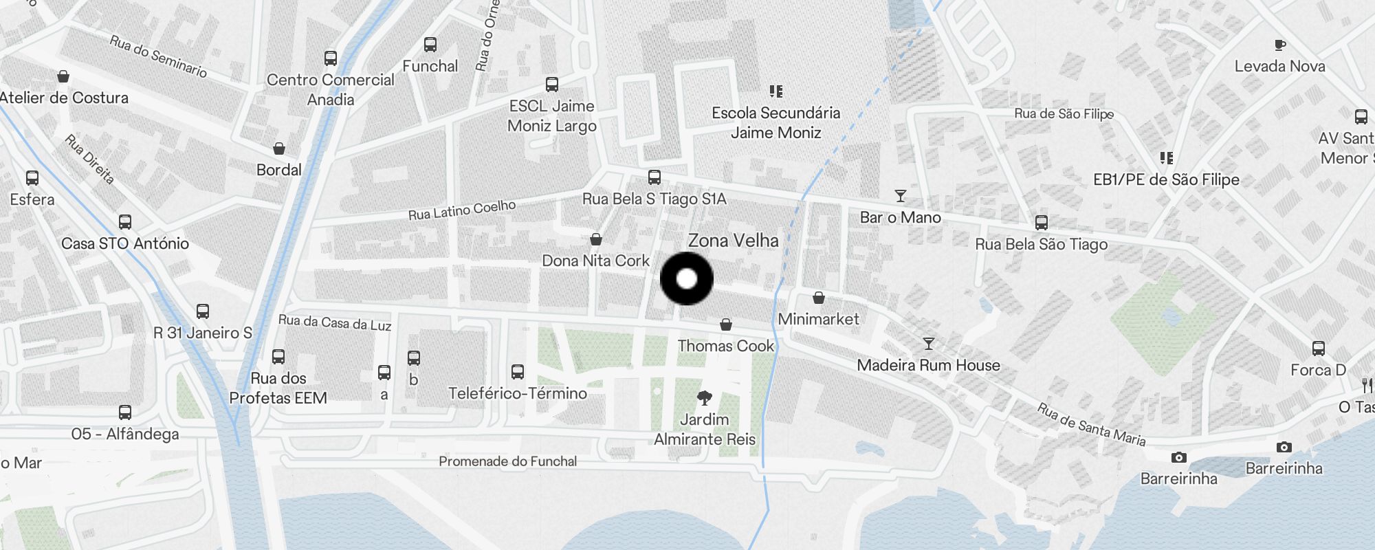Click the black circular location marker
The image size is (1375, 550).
pyautogui.click(x=686, y=278)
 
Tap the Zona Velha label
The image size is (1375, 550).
pyautogui.click(x=733, y=241)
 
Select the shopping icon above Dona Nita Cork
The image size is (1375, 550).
pyautogui.click(x=596, y=239)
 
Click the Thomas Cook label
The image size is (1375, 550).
pyautogui.click(x=725, y=346)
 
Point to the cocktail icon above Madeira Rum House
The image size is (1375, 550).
pyautogui.click(x=928, y=343)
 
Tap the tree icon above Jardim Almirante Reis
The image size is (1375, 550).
pyautogui.click(x=704, y=397)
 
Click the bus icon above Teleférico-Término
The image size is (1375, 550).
pyautogui.click(x=518, y=372)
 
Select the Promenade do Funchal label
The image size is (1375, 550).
pyautogui.click(x=507, y=461)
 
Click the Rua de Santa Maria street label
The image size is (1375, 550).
pyautogui.click(x=1091, y=424)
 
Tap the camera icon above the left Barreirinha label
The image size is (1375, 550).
pyautogui.click(x=1178, y=457)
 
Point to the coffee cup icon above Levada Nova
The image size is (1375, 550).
pyautogui.click(x=1279, y=45)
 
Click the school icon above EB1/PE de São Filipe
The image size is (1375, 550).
pyautogui.click(x=1166, y=158)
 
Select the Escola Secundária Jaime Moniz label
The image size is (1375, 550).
pyautogui.click(x=775, y=122)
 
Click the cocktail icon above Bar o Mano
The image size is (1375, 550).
pyautogui.click(x=900, y=196)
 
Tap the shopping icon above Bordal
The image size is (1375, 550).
pyautogui.click(x=279, y=148)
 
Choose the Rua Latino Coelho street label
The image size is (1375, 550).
pyautogui.click(x=461, y=210)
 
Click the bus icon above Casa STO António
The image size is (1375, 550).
pyautogui.click(x=124, y=222)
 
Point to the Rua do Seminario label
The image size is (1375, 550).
pyautogui.click(x=158, y=56)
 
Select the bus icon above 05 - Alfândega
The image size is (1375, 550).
pyautogui.click(x=124, y=412)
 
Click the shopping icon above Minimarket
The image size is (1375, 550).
pyautogui.click(x=818, y=298)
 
